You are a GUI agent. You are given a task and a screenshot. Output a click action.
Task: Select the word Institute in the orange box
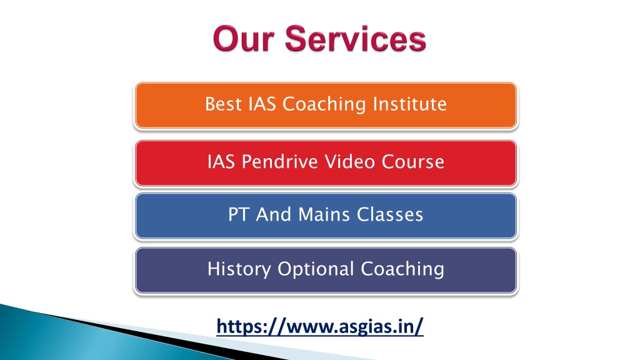416,104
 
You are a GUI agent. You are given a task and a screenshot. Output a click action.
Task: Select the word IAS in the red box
220,162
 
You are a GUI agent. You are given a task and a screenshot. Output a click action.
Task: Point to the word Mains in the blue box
320,216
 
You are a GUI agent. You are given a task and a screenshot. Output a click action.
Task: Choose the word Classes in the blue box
390,216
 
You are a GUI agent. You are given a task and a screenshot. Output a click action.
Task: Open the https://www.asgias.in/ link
320,326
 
